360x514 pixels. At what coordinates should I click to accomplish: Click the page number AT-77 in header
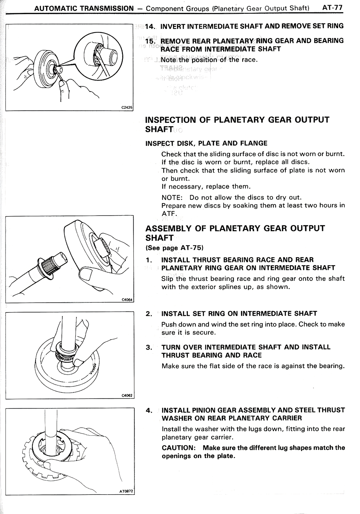(332, 8)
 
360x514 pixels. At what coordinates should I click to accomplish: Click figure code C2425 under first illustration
(127, 108)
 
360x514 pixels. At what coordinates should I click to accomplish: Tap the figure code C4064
(127, 300)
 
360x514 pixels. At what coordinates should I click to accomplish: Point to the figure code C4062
(127, 396)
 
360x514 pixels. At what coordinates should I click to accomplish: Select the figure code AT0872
(126, 492)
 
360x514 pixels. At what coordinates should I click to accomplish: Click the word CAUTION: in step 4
(179, 448)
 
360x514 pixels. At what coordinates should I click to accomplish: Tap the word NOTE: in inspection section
(172, 197)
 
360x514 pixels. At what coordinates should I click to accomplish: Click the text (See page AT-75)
(174, 248)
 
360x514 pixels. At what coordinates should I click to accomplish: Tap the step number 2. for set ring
(149, 314)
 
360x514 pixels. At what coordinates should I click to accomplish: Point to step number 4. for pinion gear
(149, 410)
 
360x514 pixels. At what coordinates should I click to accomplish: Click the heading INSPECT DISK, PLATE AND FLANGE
(206, 143)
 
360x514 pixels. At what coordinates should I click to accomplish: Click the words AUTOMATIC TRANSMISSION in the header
(84, 8)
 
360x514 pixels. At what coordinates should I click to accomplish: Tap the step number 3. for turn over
(149, 348)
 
